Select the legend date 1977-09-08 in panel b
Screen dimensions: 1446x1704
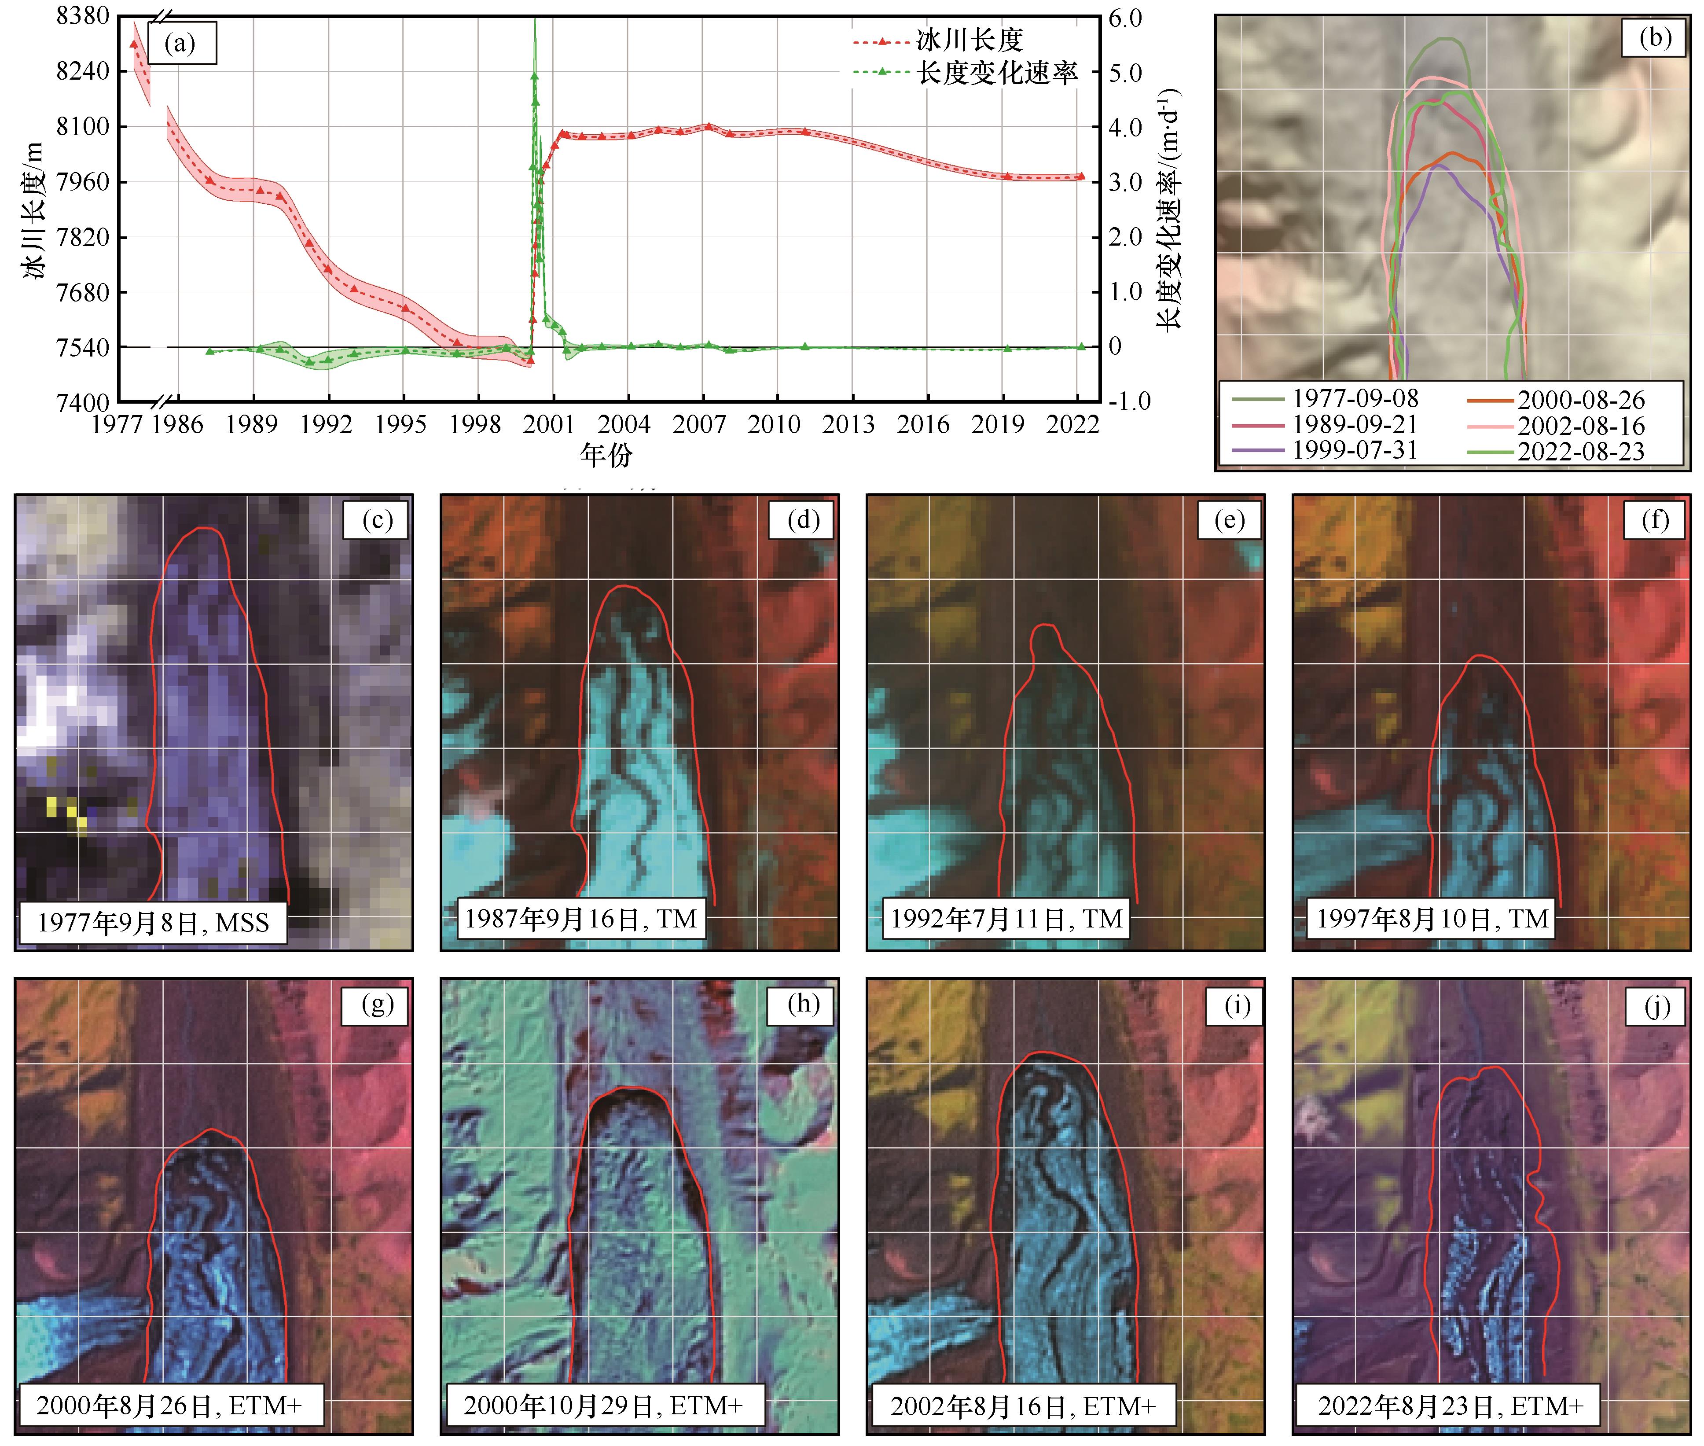pyautogui.click(x=1355, y=398)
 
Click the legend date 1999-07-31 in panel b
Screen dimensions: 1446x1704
pyautogui.click(x=1355, y=450)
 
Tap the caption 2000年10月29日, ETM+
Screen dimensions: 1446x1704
pyautogui.click(x=603, y=1406)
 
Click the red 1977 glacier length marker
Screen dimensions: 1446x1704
pyautogui.click(x=134, y=44)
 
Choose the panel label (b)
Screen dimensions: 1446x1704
pyautogui.click(x=1655, y=38)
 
